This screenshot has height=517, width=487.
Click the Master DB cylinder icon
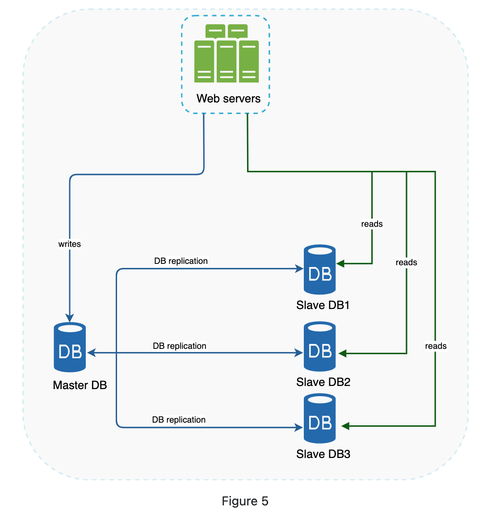pos(70,347)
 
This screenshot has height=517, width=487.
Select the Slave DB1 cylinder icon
pos(319,270)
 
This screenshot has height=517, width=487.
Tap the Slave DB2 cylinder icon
pos(319,347)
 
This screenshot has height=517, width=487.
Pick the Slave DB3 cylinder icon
pos(319,419)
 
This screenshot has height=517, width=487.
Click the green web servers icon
pos(227,54)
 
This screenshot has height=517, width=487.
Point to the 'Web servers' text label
pos(228,98)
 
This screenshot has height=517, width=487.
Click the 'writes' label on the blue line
pos(70,244)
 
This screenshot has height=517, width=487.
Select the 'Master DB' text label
pos(80,386)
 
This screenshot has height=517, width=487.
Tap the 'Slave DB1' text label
pos(323,305)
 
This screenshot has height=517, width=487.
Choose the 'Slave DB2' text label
pos(323,382)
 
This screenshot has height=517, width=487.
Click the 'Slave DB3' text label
pos(323,454)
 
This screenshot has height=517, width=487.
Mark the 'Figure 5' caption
pos(245,501)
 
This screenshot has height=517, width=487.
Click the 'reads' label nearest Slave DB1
pos(372,224)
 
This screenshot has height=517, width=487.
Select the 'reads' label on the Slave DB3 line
pos(436,346)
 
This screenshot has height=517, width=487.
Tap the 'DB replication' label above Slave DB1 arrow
pos(181,261)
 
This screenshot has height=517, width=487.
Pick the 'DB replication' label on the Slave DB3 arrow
pos(179,420)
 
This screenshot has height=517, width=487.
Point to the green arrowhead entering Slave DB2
pos(343,354)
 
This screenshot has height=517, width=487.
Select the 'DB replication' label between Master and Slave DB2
pos(180,346)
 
